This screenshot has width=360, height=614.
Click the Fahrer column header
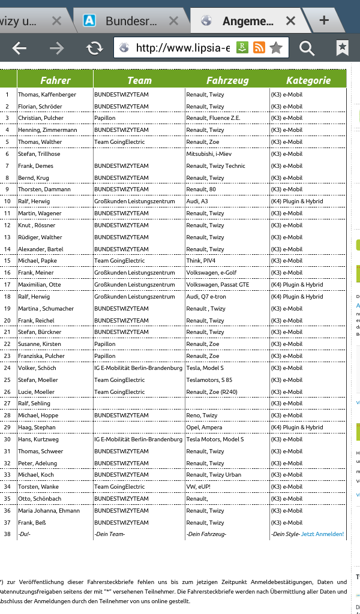(x=55, y=80)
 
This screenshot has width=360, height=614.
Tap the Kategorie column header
(x=308, y=80)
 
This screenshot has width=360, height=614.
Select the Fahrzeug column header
(x=227, y=80)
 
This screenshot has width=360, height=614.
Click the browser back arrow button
(x=19, y=49)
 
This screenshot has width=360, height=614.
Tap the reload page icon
(x=94, y=49)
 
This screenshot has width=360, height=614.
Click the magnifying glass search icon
(x=307, y=49)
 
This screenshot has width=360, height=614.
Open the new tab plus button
(x=324, y=20)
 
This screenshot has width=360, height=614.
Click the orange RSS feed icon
(x=259, y=48)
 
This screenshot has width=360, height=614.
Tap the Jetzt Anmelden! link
(x=323, y=534)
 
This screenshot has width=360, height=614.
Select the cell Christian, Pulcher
(x=41, y=118)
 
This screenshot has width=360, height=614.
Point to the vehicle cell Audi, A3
(x=197, y=201)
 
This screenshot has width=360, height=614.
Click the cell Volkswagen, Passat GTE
(x=218, y=285)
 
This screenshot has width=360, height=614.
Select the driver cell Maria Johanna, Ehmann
(x=49, y=511)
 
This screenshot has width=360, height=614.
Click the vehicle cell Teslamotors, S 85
(x=209, y=380)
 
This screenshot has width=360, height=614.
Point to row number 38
(x=8, y=534)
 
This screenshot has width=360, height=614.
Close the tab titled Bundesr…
(x=174, y=21)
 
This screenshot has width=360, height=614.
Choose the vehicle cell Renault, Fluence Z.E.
(x=213, y=118)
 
